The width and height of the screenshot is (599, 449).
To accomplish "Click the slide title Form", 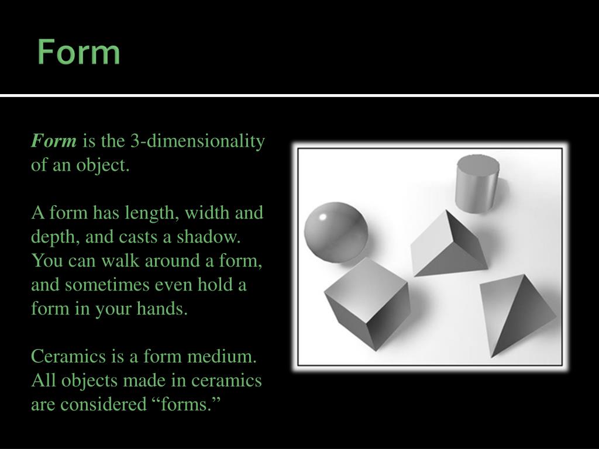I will click(79, 53).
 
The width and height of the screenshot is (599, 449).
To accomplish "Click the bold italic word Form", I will click(54, 141).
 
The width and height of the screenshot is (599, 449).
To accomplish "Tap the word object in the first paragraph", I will click(106, 165).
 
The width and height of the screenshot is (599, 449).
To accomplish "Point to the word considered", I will click(101, 403).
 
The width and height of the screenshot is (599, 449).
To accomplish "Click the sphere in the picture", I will click(336, 231).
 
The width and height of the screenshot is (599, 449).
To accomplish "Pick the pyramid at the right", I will click(515, 316).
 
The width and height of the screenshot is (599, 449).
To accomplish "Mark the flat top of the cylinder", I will click(477, 162).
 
